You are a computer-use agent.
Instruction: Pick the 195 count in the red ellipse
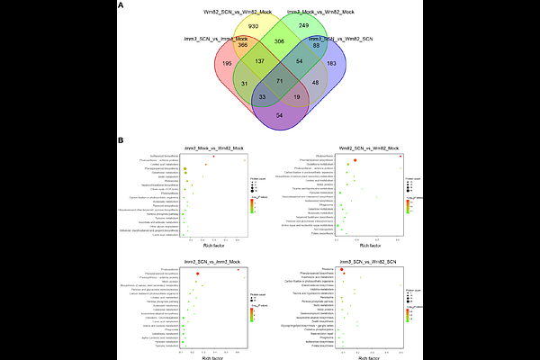(x=201, y=64)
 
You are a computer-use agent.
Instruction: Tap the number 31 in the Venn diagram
(x=219, y=83)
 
